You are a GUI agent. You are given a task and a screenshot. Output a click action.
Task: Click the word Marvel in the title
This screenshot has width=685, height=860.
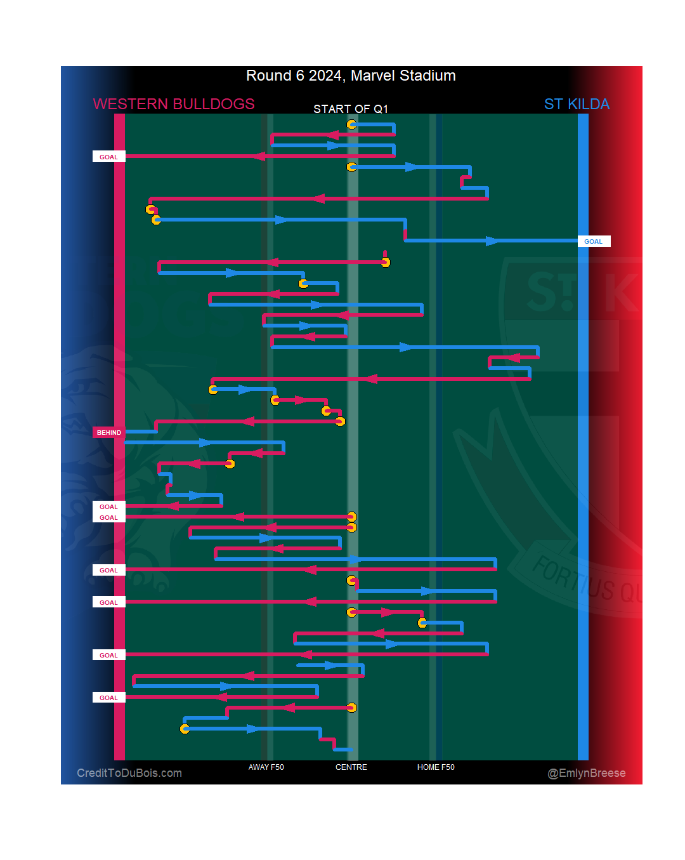point(373,76)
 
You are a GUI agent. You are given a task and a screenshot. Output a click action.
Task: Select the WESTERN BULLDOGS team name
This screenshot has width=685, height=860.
point(174,104)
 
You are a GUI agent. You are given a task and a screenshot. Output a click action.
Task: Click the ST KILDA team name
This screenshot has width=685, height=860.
point(577,104)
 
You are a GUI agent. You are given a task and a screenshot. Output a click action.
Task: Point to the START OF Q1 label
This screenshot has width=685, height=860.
point(350,109)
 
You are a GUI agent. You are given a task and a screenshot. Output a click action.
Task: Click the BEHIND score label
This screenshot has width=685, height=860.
point(109,432)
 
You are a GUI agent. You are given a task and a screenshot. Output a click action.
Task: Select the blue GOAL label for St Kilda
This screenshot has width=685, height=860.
point(594,241)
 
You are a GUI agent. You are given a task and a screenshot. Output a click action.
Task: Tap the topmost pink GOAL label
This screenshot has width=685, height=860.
point(108,157)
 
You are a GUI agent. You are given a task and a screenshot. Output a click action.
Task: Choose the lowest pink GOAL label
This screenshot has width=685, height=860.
point(108,698)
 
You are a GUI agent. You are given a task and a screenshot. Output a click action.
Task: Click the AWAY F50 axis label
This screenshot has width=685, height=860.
point(266,767)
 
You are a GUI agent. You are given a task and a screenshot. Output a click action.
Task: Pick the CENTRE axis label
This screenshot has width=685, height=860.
point(351,767)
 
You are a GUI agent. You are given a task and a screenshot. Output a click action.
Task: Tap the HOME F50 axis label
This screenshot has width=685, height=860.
point(436,767)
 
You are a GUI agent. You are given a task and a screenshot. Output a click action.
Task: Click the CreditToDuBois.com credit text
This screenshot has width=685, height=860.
point(129,773)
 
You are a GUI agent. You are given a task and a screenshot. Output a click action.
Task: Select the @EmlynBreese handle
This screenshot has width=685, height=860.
point(586,773)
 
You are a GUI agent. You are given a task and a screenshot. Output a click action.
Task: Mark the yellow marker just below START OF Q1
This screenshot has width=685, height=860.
point(351,124)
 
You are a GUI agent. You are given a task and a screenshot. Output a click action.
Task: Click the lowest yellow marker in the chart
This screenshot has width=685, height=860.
point(185,729)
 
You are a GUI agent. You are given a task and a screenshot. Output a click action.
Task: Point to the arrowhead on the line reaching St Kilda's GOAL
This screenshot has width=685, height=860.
point(492,241)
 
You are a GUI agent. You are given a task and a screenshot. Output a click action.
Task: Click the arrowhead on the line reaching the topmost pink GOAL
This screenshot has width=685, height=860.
point(259,156)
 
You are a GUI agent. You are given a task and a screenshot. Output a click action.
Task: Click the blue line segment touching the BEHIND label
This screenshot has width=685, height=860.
point(141,432)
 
